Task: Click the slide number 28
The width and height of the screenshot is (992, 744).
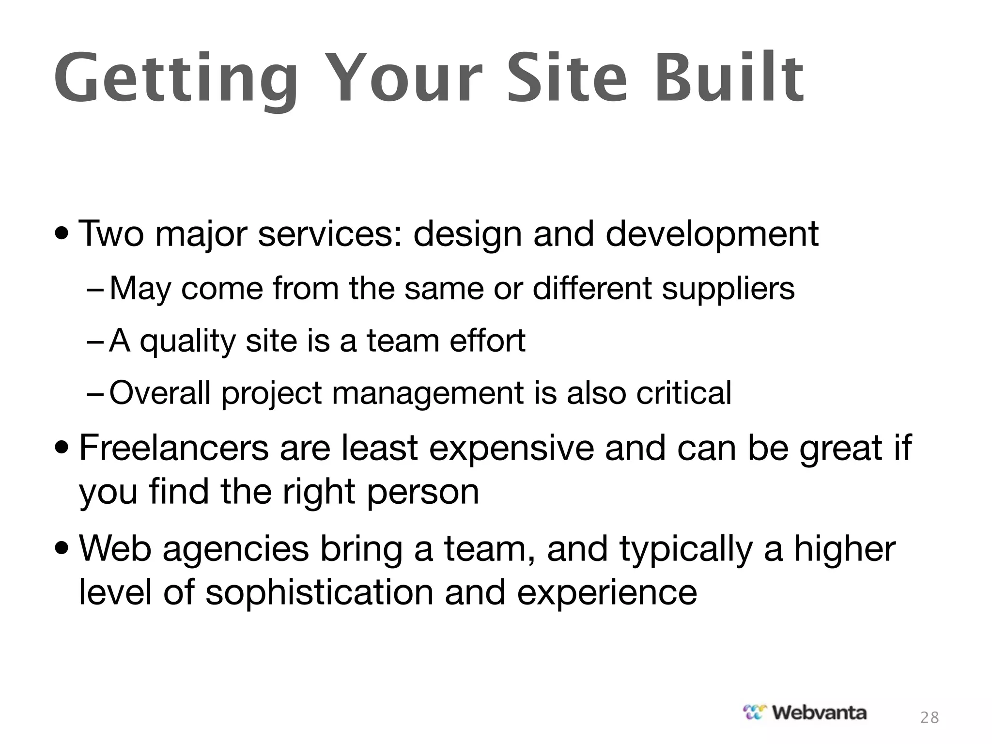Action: (x=930, y=717)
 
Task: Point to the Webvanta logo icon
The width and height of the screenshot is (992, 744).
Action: (x=755, y=713)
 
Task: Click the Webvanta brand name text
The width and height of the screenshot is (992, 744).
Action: (x=819, y=713)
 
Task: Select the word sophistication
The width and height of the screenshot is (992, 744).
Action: (x=319, y=593)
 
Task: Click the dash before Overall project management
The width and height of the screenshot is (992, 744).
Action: (x=95, y=394)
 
